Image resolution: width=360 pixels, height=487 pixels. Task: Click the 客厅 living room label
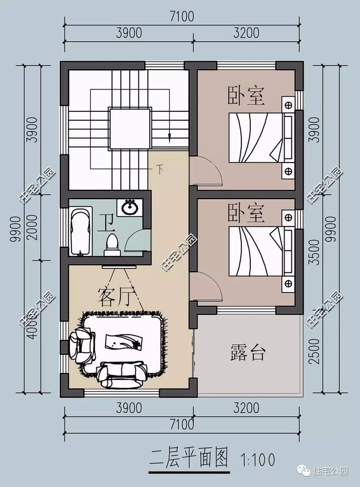(x=114, y=296)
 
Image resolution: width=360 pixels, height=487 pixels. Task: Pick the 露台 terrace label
(x=247, y=353)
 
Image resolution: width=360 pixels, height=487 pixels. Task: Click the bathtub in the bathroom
(x=82, y=231)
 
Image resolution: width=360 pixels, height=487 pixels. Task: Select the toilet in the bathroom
(x=112, y=242)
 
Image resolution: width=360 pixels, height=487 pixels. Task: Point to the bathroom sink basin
(x=132, y=207)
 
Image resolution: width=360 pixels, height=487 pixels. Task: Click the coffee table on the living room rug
(x=123, y=342)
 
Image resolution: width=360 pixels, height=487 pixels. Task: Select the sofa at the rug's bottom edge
(x=121, y=373)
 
